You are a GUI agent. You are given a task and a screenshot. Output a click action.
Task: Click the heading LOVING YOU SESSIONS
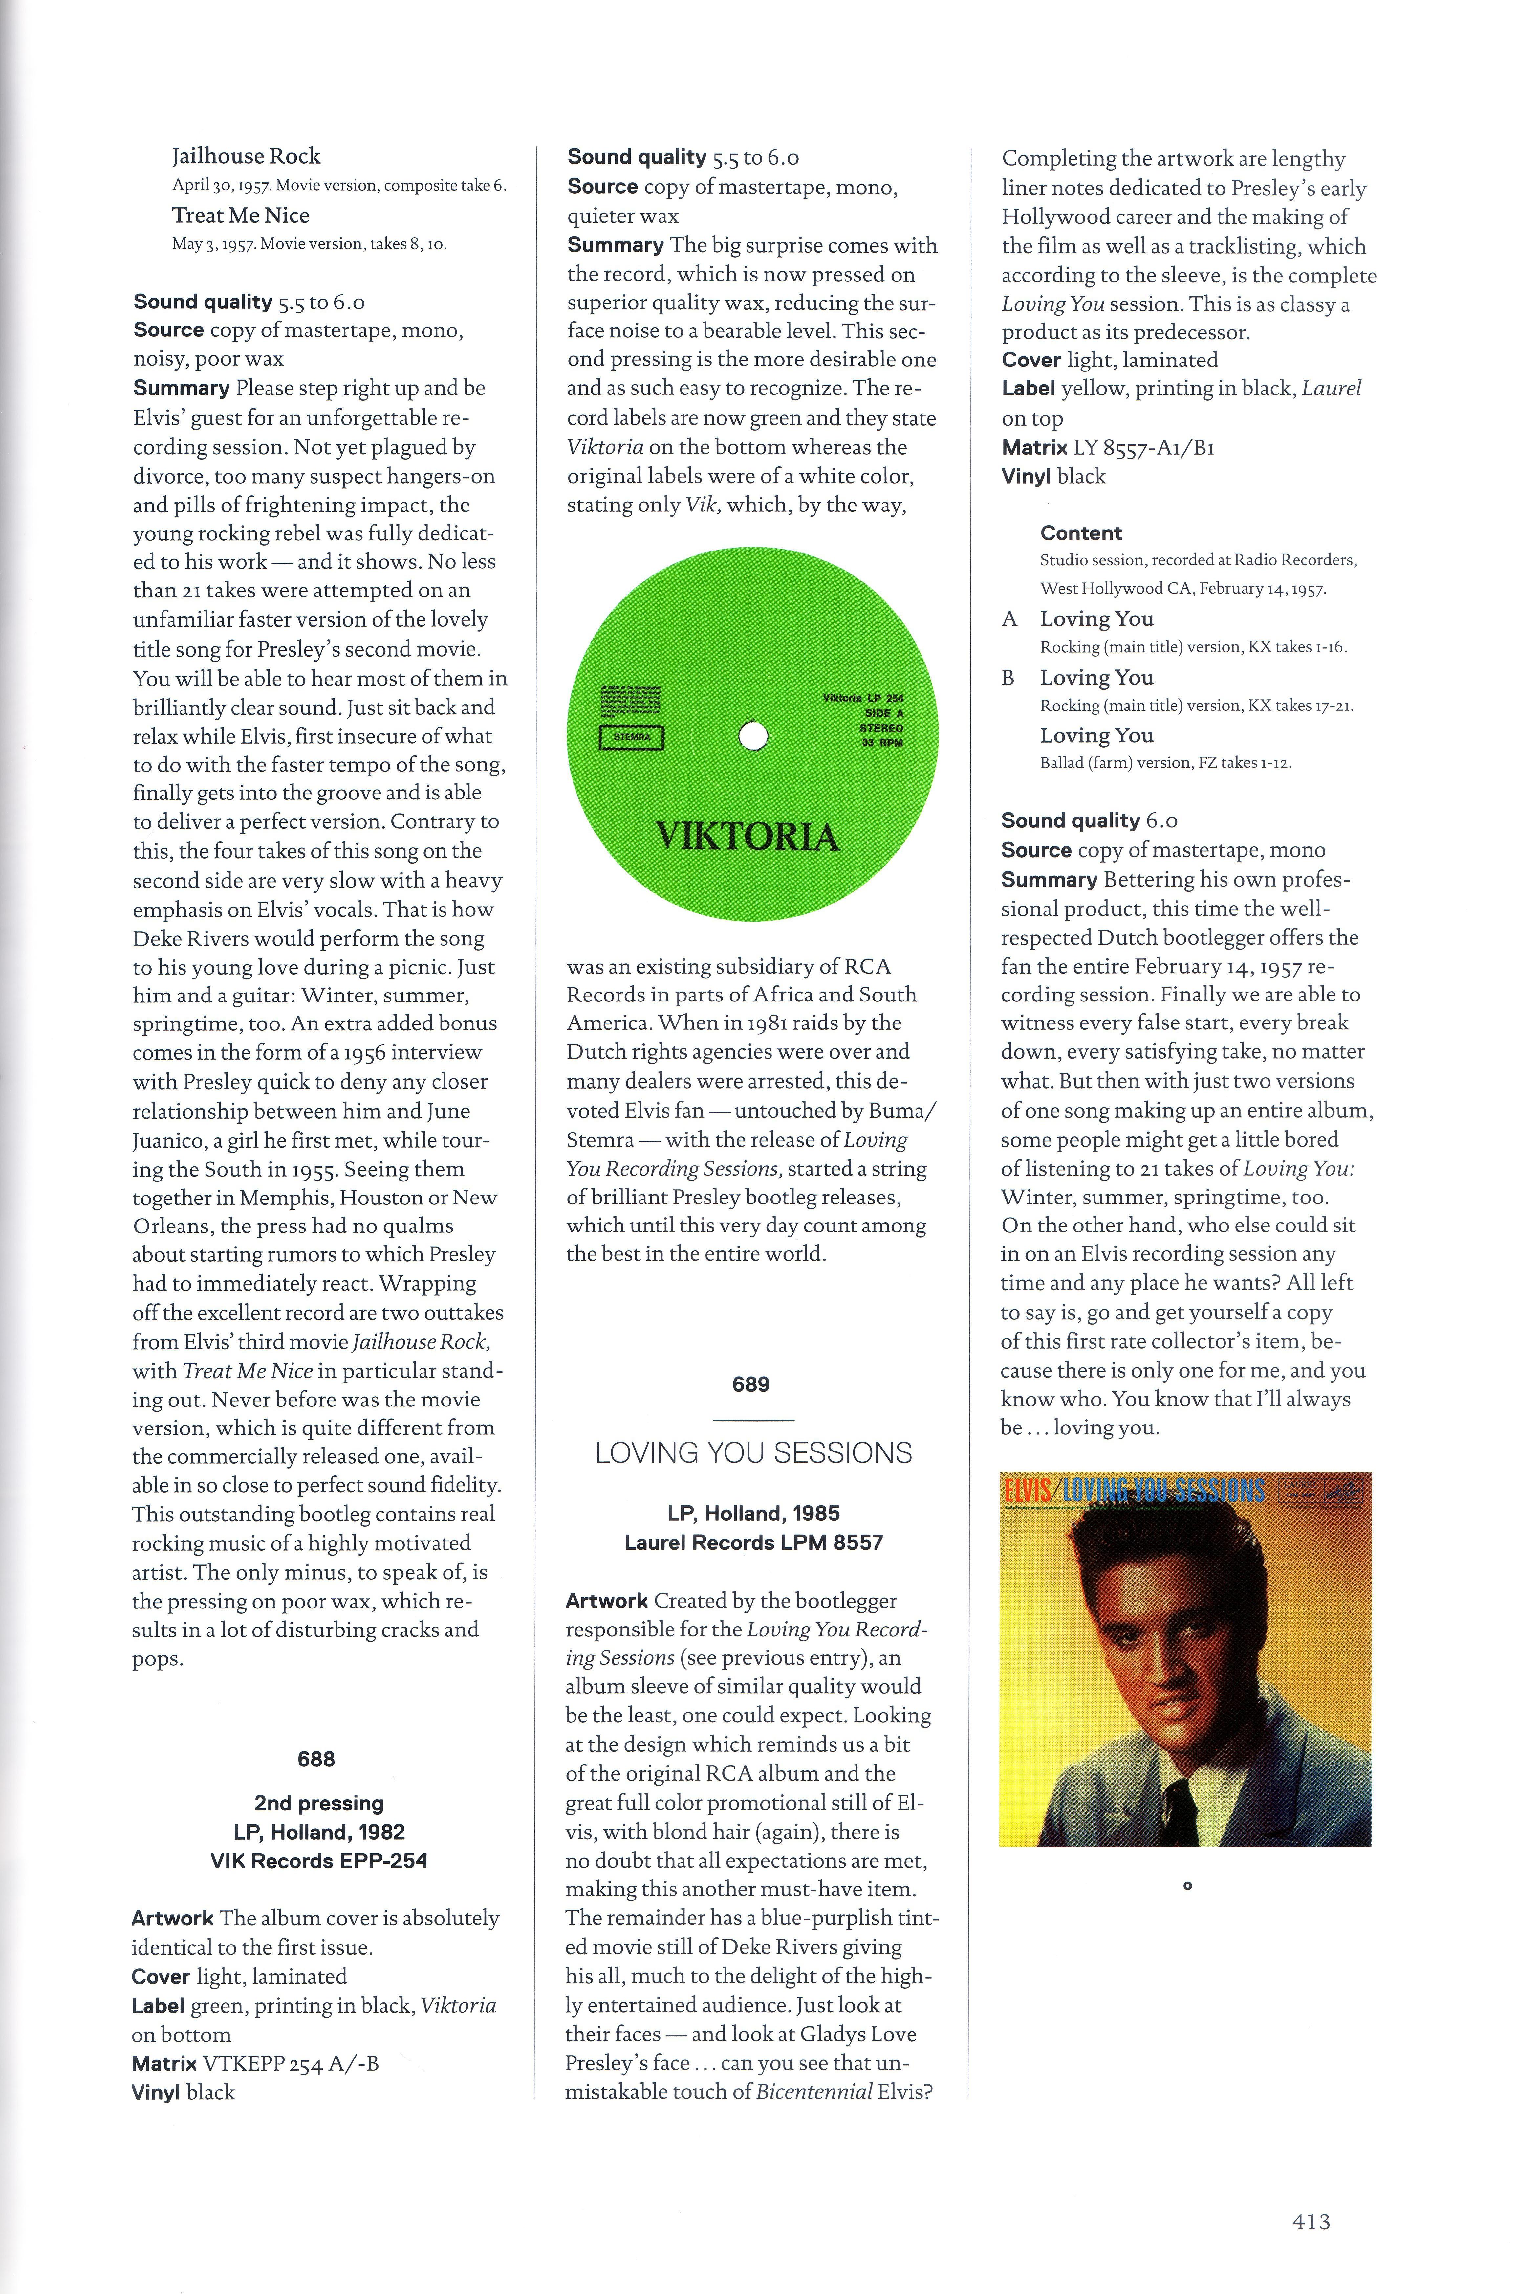pos(753,1452)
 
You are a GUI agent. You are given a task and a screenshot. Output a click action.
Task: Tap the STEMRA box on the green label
pos(632,737)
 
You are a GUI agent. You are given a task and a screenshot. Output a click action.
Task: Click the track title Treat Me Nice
pos(241,215)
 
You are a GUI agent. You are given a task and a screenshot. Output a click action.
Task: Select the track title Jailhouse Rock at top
pos(246,156)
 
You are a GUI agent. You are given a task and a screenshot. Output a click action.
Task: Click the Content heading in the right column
pos(1080,532)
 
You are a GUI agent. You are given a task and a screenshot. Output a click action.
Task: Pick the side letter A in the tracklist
pos(1010,619)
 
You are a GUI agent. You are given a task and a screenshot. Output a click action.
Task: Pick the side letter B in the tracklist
pos(1009,678)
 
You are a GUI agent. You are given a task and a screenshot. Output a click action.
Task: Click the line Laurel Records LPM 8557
pos(753,1542)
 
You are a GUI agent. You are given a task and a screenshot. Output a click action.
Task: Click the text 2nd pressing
pos(318,1803)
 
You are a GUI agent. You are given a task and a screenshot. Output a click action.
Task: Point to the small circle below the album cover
pos(1187,1885)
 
